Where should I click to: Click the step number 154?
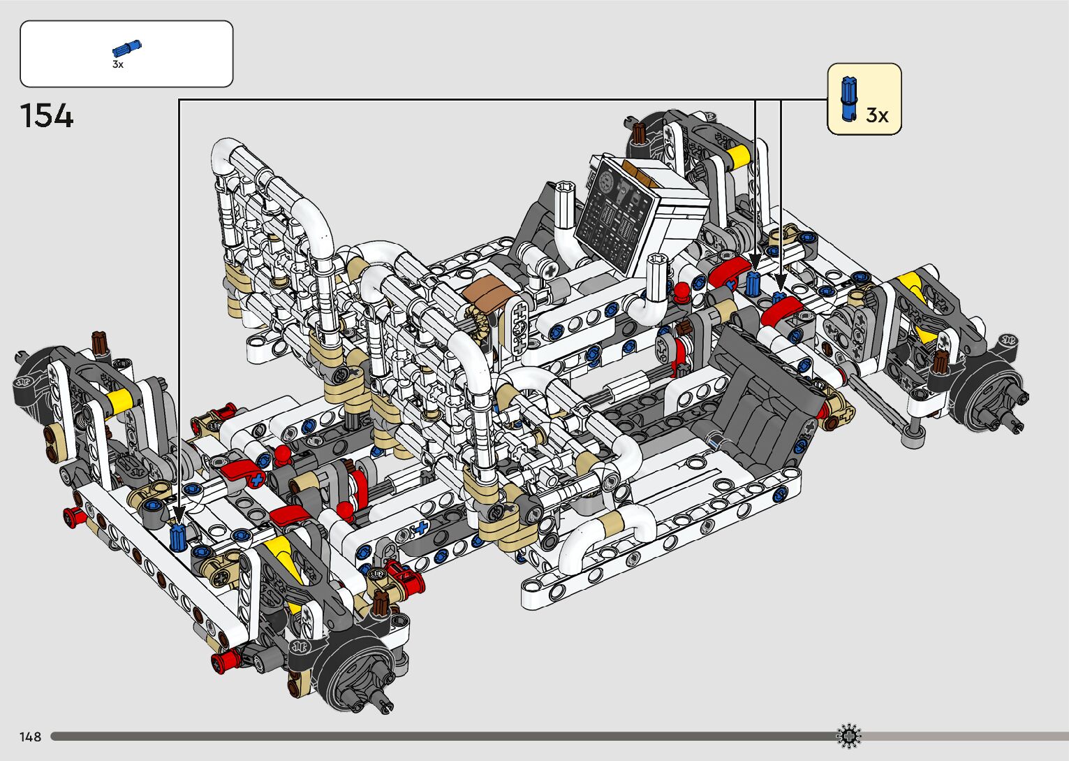[x=47, y=116]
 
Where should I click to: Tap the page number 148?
[x=30, y=737]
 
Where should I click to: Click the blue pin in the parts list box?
[x=127, y=48]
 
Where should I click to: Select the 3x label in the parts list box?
[x=118, y=64]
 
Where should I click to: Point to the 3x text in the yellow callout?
[x=877, y=115]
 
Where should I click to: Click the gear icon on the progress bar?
[x=849, y=736]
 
